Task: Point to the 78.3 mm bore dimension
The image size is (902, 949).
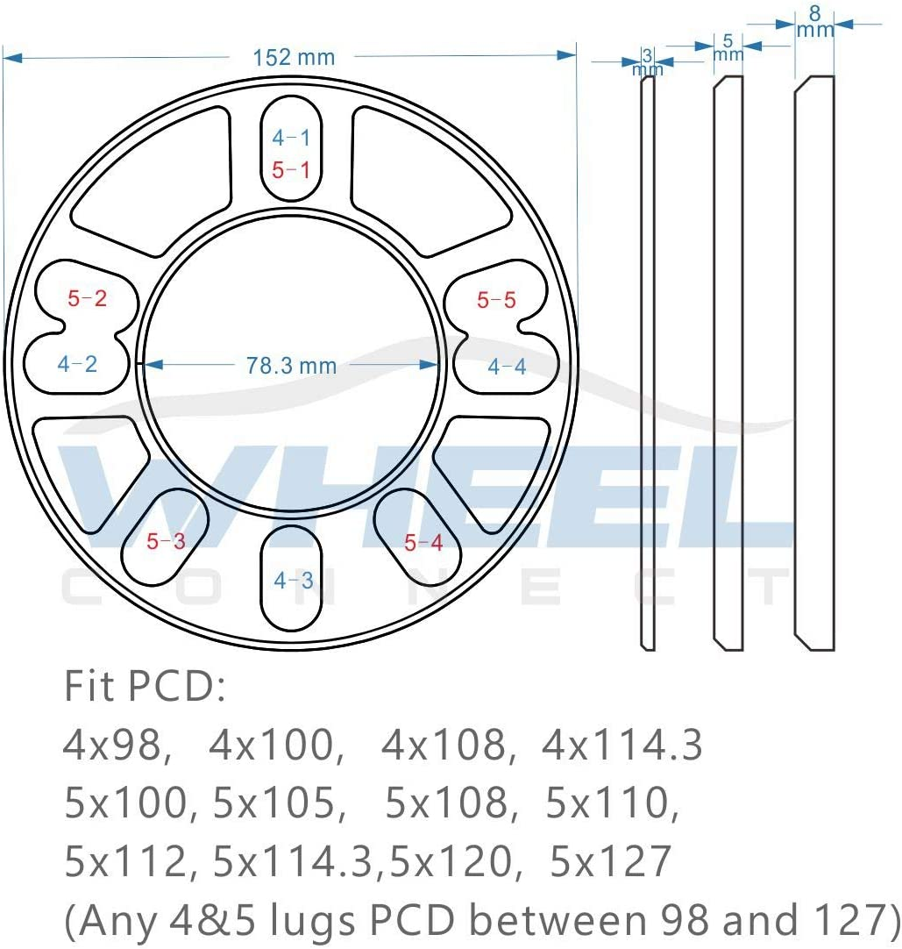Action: (291, 365)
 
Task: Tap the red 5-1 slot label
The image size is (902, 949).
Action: (290, 170)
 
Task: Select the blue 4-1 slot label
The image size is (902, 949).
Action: (290, 137)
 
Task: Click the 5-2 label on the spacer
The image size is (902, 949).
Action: (88, 298)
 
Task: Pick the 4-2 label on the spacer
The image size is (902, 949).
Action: (77, 364)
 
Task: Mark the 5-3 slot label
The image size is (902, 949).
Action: (166, 541)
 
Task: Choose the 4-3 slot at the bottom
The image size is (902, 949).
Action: (293, 580)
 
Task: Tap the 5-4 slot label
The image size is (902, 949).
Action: (423, 543)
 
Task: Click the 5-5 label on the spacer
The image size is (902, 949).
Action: (496, 300)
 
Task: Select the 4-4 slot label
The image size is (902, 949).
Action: (507, 367)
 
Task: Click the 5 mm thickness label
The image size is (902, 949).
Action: (728, 46)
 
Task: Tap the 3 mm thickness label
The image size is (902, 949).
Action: (648, 62)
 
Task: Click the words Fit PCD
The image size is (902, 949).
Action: (145, 689)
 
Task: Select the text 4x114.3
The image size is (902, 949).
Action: (622, 746)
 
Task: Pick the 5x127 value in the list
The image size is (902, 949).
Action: (610, 861)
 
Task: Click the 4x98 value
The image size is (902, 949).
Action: (114, 746)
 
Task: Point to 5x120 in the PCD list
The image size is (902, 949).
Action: (451, 861)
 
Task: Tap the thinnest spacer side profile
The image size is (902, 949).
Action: (648, 363)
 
